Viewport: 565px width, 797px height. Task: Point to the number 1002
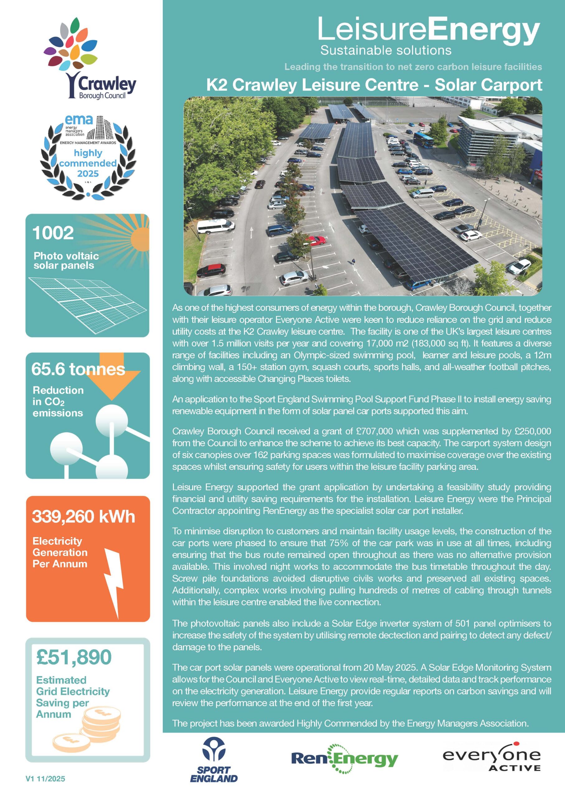pos(53,233)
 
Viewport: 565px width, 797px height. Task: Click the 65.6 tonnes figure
pos(78,369)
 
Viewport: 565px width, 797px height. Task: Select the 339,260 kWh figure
pos(83,516)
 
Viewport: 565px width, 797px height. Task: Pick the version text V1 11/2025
pos(45,779)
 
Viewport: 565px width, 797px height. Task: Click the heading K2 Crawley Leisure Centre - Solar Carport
pos(374,85)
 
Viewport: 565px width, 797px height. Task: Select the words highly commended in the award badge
pos(88,158)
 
